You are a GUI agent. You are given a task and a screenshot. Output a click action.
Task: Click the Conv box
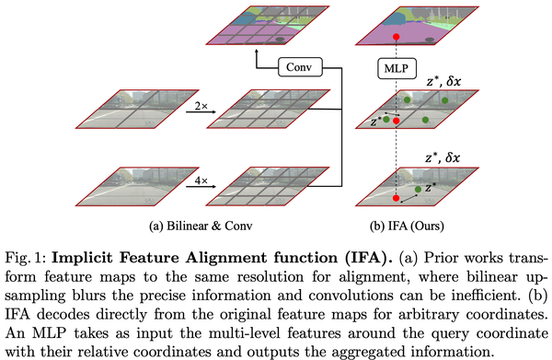pyautogui.click(x=298, y=67)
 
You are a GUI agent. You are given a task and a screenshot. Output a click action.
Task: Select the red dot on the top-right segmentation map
pyautogui.click(x=396, y=36)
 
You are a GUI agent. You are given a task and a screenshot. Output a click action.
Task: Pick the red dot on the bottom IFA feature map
pyautogui.click(x=396, y=199)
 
